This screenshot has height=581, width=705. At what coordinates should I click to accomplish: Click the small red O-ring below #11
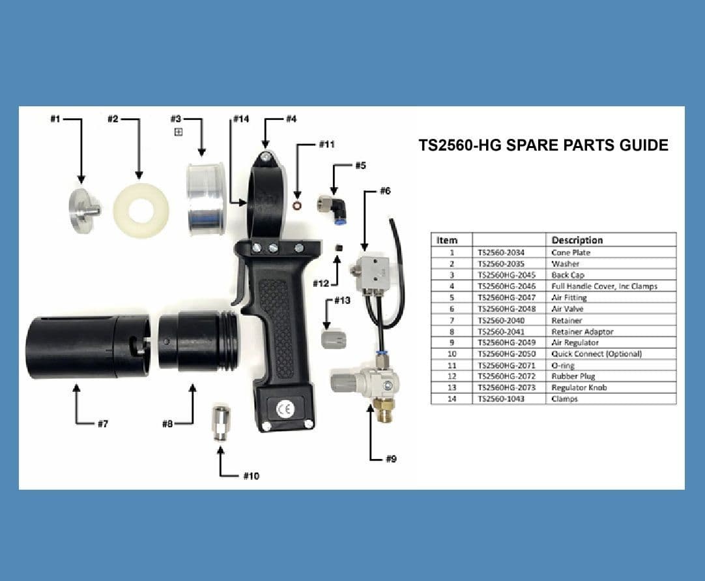coord(296,205)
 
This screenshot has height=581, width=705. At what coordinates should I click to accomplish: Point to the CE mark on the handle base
coord(285,410)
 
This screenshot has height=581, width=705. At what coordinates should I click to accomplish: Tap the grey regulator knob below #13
coord(334,338)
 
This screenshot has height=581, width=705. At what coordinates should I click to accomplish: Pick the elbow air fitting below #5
coord(336,207)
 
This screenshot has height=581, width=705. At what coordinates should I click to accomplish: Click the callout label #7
coord(103,424)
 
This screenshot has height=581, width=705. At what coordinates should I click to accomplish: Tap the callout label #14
coord(242,119)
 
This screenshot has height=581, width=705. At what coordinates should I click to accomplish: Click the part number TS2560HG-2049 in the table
coord(506,342)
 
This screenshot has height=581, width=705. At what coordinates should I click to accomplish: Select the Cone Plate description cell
coord(571,252)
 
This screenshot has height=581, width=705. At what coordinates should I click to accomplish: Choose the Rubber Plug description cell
coord(573,376)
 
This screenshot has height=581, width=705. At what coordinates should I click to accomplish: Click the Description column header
coord(577,240)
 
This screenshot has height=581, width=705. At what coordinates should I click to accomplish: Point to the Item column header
coord(447,241)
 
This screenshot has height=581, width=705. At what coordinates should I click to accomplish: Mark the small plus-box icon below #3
coord(178,132)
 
